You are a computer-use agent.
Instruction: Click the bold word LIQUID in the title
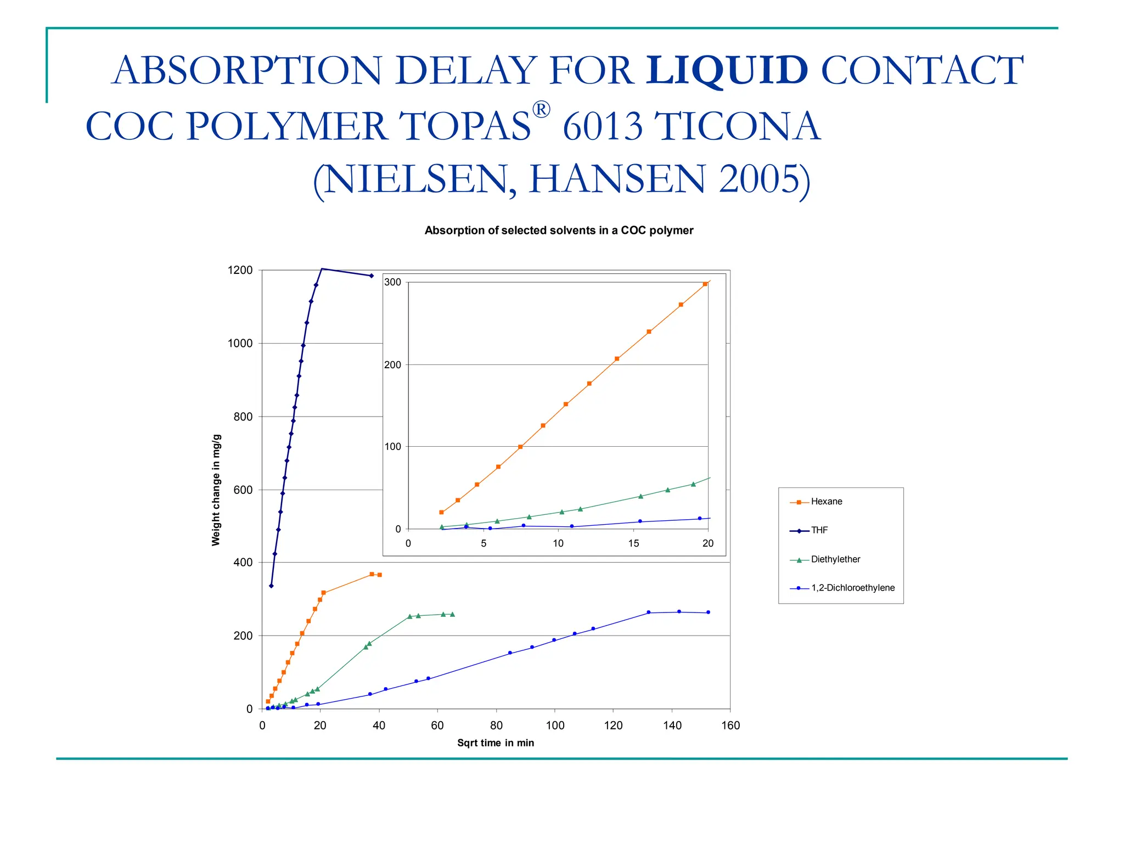[x=726, y=70]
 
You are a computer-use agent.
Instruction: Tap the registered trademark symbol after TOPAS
[x=541, y=110]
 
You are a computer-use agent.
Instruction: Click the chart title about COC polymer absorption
[x=559, y=231]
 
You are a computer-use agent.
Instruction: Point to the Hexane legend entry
[x=826, y=502]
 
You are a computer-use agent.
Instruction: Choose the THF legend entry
[x=819, y=530]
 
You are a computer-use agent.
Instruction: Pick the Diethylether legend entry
[x=835, y=559]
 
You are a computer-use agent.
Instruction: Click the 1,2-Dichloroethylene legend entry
[x=852, y=588]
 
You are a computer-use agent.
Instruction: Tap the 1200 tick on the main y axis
[x=240, y=270]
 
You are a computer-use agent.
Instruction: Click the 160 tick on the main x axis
[x=730, y=726]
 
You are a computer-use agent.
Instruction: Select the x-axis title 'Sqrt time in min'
[x=496, y=743]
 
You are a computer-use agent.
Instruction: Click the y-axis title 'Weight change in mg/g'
[x=216, y=490]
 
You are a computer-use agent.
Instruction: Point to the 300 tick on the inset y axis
[x=393, y=282]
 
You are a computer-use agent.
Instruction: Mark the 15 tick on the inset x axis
[x=634, y=543]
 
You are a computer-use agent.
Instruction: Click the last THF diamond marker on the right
[x=372, y=276]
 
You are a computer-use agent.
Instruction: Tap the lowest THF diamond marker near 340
[x=271, y=586]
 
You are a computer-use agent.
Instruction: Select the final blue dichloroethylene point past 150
[x=708, y=612]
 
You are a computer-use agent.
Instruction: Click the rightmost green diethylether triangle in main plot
[x=452, y=614]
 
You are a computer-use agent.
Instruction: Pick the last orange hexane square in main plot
[x=380, y=575]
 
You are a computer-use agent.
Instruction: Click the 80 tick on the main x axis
[x=496, y=726]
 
